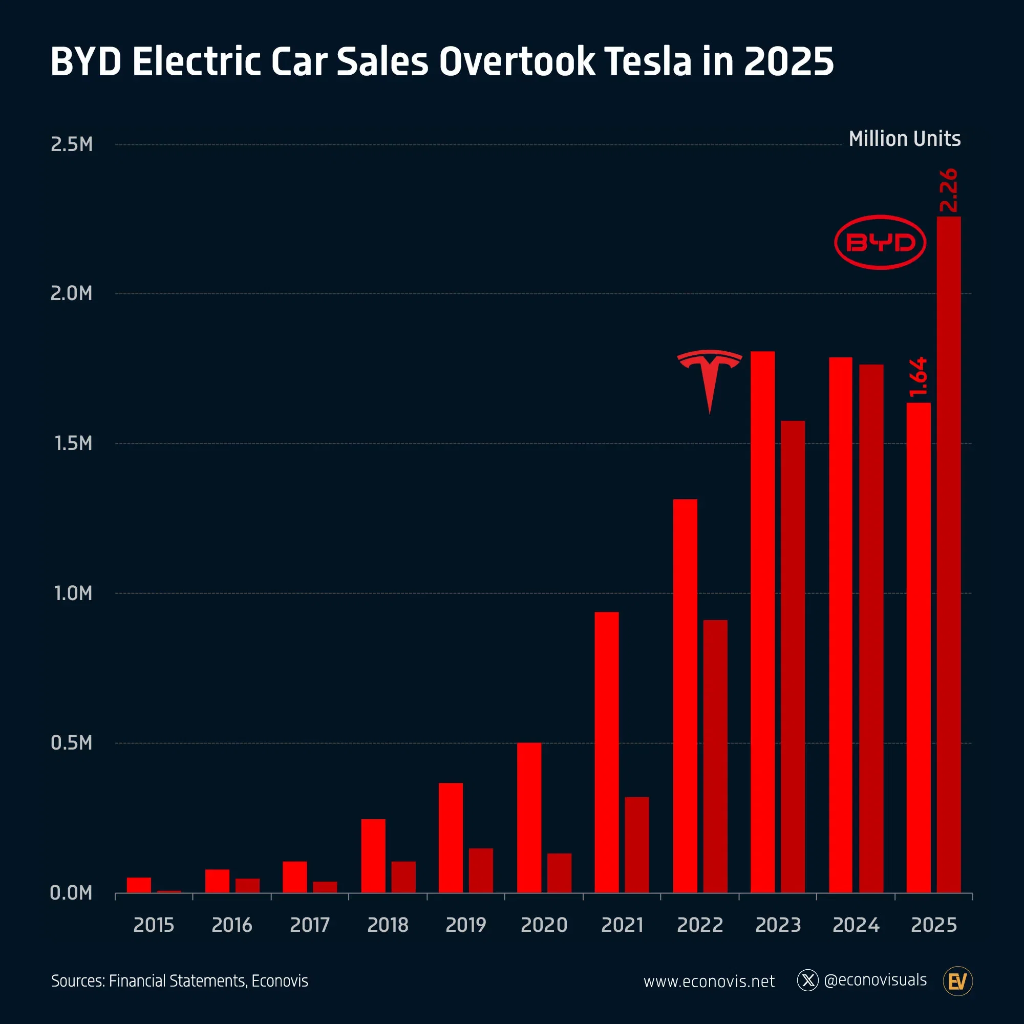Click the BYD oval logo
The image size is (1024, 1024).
point(880,242)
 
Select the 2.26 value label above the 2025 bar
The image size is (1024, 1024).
point(948,190)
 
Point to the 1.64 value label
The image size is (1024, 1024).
point(918,377)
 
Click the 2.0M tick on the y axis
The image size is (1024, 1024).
point(72,293)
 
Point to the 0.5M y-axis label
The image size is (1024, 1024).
point(72,742)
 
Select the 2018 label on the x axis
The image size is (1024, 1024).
point(388,925)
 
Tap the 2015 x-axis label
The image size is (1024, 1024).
point(154,925)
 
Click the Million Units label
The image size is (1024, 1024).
point(904,139)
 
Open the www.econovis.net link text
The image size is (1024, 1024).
point(709,981)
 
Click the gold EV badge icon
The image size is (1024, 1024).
point(957,981)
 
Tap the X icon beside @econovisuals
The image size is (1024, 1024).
point(808,980)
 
